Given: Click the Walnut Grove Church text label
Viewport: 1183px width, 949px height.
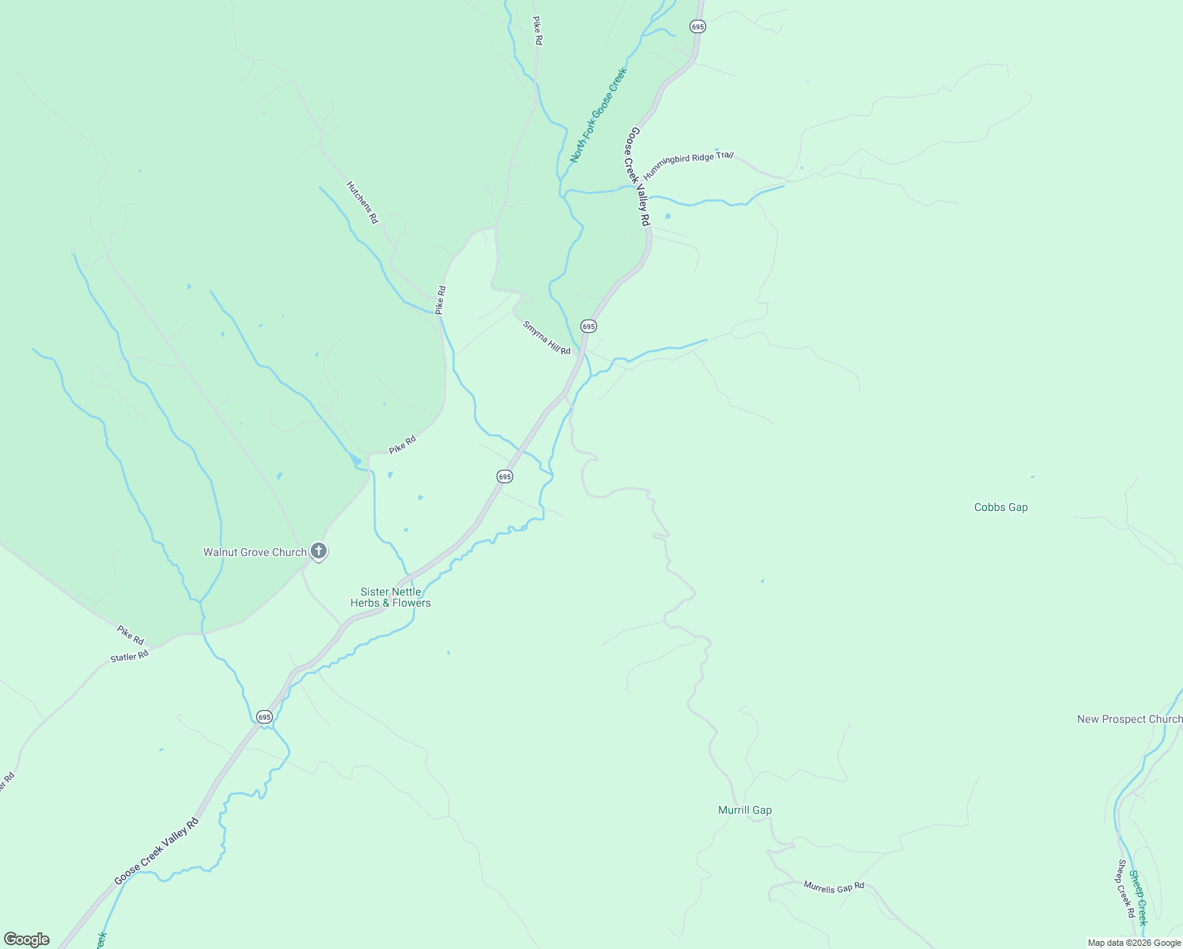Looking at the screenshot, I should click(255, 552).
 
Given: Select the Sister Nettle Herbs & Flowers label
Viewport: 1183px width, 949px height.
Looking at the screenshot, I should click(391, 597).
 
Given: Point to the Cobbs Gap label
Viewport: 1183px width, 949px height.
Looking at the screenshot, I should click(1001, 508).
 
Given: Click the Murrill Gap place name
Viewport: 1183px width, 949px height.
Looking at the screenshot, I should click(745, 810).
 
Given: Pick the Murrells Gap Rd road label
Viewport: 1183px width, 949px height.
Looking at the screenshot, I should click(834, 887).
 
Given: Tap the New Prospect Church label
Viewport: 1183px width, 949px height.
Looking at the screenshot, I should click(1129, 719).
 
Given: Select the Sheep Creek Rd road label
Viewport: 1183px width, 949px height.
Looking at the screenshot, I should click(1126, 889).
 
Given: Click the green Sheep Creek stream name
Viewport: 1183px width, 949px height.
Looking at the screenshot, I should click(1138, 898).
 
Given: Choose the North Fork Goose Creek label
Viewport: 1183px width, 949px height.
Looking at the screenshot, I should click(599, 115).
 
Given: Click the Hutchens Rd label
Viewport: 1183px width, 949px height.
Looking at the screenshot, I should click(362, 202).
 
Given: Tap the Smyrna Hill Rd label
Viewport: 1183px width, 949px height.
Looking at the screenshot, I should click(546, 338).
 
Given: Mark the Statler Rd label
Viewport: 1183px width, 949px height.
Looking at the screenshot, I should click(130, 656).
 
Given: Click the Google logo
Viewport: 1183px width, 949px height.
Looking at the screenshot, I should click(27, 940).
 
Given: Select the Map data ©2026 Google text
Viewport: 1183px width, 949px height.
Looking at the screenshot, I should click(1134, 943).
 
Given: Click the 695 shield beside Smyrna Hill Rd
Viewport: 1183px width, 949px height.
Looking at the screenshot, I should click(588, 326).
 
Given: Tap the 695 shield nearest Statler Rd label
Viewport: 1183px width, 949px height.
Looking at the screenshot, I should click(264, 716).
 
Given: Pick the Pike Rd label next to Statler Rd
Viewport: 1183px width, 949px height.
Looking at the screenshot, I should click(130, 634).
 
